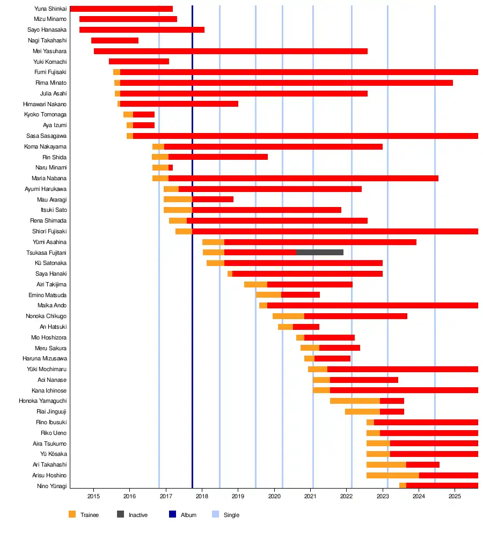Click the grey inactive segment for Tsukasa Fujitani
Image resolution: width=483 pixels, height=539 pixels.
(319, 252)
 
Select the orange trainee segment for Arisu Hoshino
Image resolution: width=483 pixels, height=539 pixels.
(392, 475)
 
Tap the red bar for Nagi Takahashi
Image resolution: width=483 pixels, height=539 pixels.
(114, 40)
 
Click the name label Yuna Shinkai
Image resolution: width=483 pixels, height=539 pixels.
(50, 9)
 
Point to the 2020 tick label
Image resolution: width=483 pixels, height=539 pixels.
(275, 496)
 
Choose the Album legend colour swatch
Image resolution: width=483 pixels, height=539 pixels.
(172, 515)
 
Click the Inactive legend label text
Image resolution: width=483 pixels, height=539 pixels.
(138, 515)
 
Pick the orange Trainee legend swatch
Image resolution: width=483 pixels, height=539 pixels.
(72, 515)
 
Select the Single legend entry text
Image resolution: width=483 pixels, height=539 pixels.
(231, 515)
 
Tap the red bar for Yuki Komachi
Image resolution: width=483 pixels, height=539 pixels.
(138, 61)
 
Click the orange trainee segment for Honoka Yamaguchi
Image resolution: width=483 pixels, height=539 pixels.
(355, 401)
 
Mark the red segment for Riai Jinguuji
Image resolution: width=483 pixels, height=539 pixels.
(392, 411)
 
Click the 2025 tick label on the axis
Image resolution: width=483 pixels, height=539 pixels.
(455, 496)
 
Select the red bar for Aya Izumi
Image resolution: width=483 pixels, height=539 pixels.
(143, 125)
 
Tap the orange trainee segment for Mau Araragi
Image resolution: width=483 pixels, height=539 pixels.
(178, 199)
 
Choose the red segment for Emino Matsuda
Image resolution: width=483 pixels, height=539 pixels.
(300, 294)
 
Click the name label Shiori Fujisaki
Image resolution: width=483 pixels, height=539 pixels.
(50, 231)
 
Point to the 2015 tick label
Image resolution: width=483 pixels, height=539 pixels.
(93, 496)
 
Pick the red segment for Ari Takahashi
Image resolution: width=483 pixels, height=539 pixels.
(422, 464)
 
